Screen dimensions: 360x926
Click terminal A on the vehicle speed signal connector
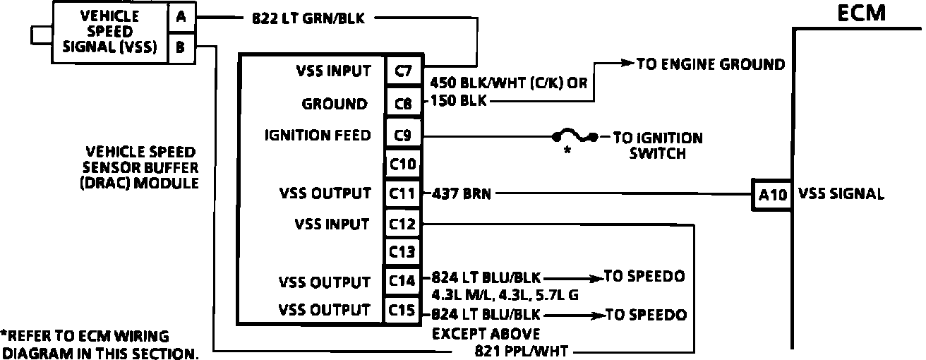pyautogui.click(x=181, y=18)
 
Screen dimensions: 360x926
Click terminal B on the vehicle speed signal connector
pyautogui.click(x=181, y=48)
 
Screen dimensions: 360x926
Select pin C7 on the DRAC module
pyautogui.click(x=403, y=71)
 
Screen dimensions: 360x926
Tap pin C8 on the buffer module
pyautogui.click(x=403, y=104)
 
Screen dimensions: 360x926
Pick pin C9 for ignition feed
pyautogui.click(x=403, y=134)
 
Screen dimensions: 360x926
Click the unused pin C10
pyautogui.click(x=403, y=164)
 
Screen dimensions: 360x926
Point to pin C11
pyautogui.click(x=403, y=193)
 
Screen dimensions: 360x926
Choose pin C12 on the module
pyautogui.click(x=403, y=224)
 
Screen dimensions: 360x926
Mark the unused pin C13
pyautogui.click(x=403, y=252)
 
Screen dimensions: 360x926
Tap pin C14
pyautogui.click(x=403, y=281)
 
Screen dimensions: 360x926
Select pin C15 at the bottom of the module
pyautogui.click(x=403, y=311)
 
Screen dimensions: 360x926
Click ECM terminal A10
pyautogui.click(x=771, y=195)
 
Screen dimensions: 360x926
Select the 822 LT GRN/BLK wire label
pyautogui.click(x=308, y=19)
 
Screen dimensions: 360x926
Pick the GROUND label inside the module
pyautogui.click(x=334, y=104)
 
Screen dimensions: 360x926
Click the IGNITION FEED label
pyautogui.click(x=318, y=135)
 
